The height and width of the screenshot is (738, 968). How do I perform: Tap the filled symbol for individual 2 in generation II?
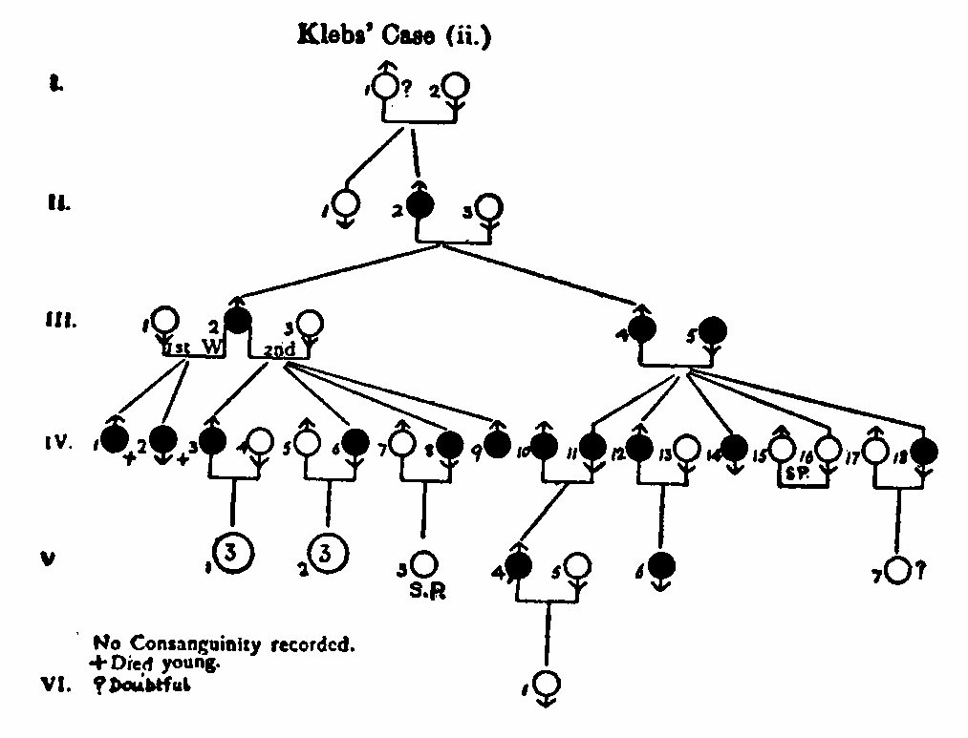[x=418, y=204]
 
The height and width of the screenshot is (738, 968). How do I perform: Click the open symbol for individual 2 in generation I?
[x=455, y=88]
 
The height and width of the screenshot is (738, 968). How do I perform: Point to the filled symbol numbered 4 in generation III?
[x=642, y=329]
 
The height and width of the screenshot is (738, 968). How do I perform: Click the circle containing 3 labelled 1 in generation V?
[x=230, y=553]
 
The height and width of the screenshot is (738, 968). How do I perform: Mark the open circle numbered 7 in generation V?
[x=898, y=570]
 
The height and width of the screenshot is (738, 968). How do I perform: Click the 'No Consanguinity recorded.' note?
[x=225, y=643]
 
